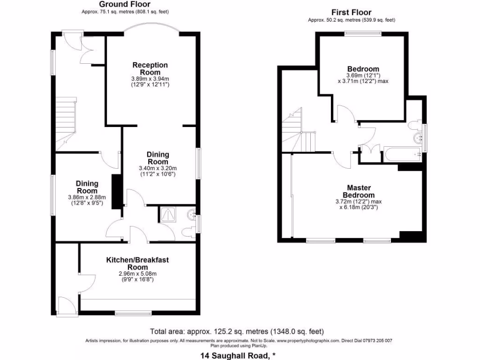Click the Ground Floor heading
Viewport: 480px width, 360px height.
(x=120, y=4)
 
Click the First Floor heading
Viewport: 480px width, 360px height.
(x=351, y=12)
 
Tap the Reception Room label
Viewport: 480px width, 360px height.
(x=150, y=68)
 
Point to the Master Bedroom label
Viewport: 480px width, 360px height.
(x=359, y=191)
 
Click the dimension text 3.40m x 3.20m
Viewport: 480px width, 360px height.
(x=157, y=168)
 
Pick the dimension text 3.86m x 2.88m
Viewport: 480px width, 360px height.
(x=87, y=198)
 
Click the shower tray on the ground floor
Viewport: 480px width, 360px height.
(x=167, y=214)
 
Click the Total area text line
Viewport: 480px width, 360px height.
(x=237, y=330)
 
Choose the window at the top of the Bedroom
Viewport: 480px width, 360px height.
(x=362, y=33)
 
